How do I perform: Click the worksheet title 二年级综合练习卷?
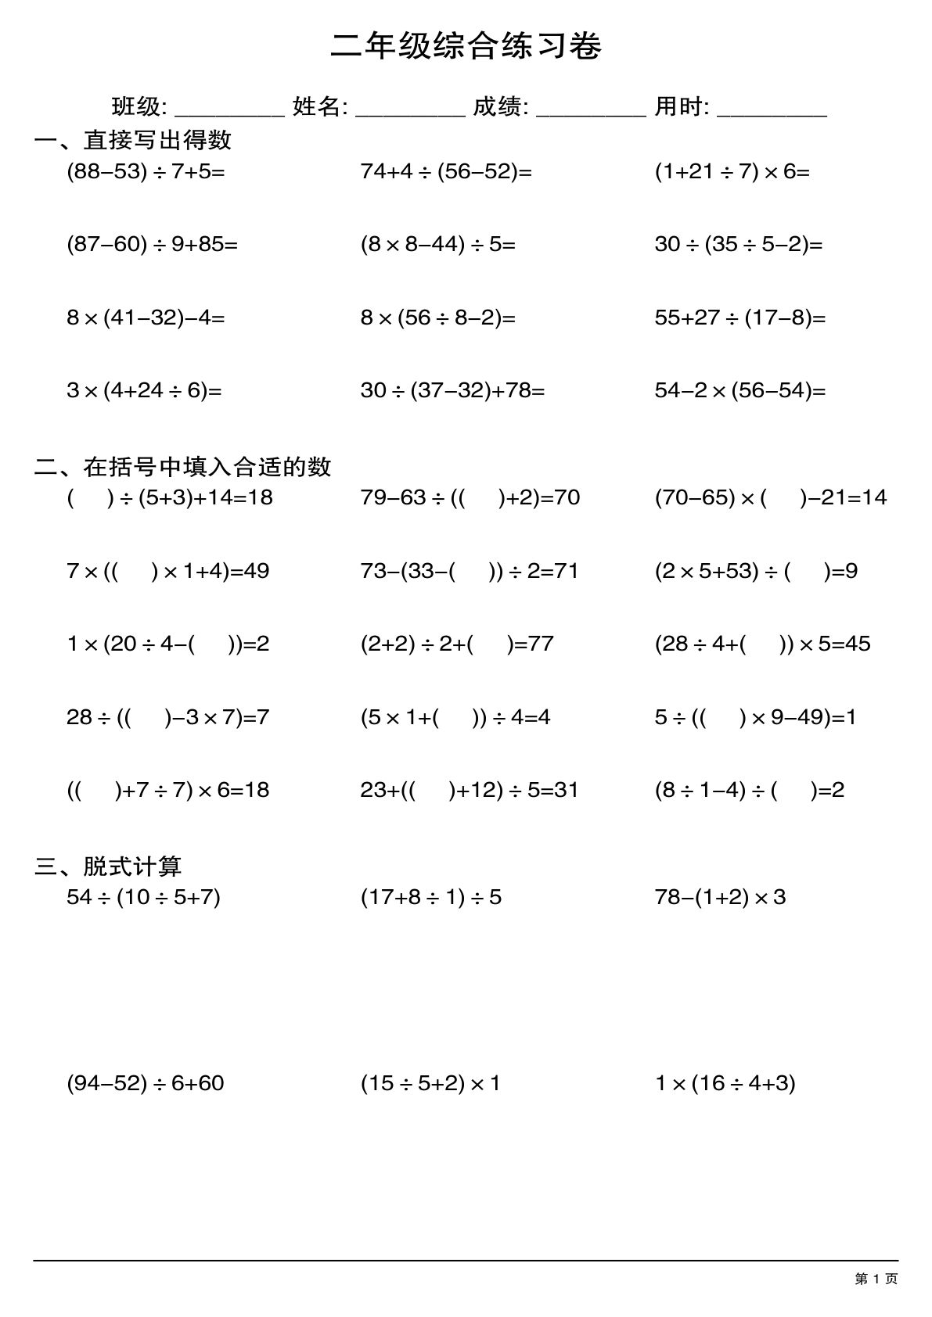pos(466,47)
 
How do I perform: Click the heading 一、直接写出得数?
pos(133,140)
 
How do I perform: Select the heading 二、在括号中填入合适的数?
pos(183,467)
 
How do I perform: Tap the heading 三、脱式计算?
pos(108,866)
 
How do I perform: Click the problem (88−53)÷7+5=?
pos(146,171)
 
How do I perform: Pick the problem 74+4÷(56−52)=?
pos(446,171)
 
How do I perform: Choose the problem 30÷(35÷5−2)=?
pos(739,245)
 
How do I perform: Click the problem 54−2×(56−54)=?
pos(740,390)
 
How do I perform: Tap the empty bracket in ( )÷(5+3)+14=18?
pos(90,497)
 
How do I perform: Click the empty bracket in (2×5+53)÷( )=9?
pos(806,571)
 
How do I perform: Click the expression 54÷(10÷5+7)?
pos(143,897)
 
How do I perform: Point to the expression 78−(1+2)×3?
pos(720,897)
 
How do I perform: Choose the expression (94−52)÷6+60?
pos(146,1083)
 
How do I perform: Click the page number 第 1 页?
pos(876,1279)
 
